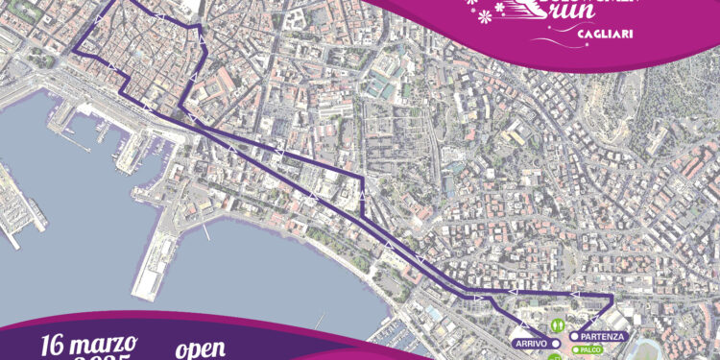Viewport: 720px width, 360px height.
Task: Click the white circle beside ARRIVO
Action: [x=555, y=343]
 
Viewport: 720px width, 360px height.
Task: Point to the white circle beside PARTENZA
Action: [x=573, y=337]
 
